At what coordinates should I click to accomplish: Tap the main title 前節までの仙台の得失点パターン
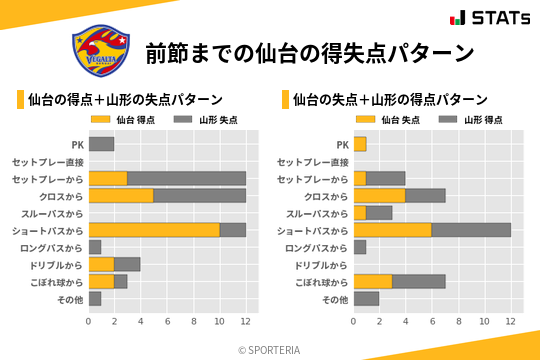point(309,52)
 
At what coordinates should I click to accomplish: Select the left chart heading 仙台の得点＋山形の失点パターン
point(125,100)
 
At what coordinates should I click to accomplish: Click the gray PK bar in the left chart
point(101,144)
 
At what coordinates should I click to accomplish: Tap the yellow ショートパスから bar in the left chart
point(154,230)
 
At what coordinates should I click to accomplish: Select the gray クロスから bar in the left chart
point(200,195)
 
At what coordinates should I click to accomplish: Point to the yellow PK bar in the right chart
point(360,144)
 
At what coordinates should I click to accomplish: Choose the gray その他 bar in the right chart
point(366,298)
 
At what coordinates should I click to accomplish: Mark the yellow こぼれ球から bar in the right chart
point(373,281)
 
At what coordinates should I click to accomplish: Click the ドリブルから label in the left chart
point(56,264)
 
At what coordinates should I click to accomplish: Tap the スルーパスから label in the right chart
point(317,213)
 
